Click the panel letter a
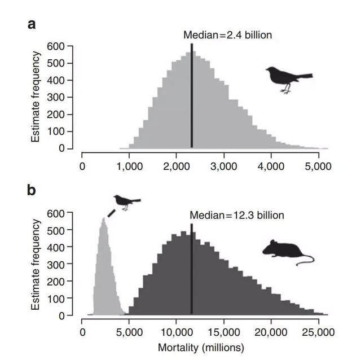pos(32,24)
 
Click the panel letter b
pos(32,190)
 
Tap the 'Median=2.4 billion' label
pos(227,35)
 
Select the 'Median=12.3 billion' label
pos(236,215)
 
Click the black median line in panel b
pos(192,271)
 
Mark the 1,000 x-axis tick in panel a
pos(129,166)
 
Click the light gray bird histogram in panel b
pos(104,265)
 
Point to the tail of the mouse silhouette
pos(306,260)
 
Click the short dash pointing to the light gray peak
pos(111,212)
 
